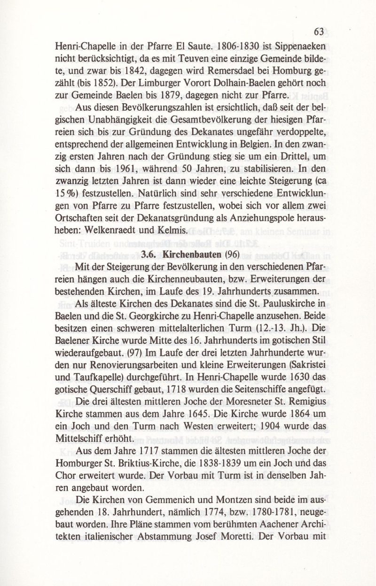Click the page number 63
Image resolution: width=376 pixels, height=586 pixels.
click(x=319, y=32)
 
